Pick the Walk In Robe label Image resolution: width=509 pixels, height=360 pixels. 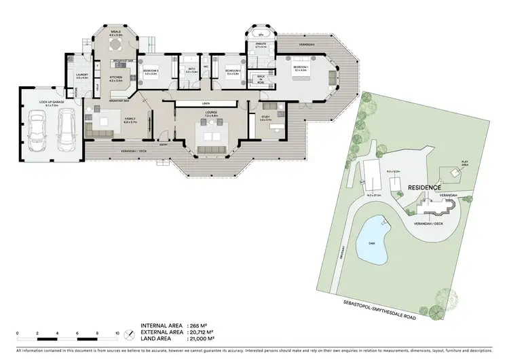[261, 79]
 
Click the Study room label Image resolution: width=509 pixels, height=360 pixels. [266, 118]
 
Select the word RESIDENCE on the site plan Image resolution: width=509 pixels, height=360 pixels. [425, 187]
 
